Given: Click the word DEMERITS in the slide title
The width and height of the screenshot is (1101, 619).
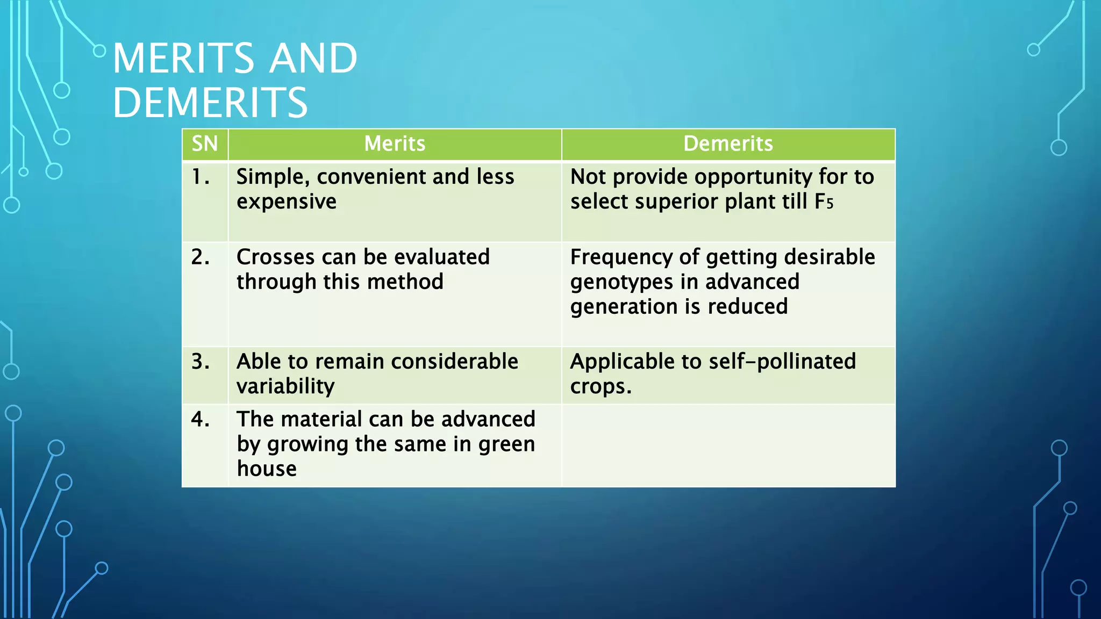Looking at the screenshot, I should pos(210,103).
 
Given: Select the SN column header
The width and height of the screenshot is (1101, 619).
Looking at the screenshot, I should pos(205,144).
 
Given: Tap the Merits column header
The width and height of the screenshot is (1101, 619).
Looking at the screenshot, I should pos(395,144).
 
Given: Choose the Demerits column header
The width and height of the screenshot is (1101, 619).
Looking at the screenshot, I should pos(728,144).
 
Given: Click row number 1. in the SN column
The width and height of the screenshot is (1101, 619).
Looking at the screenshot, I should pos(201,177).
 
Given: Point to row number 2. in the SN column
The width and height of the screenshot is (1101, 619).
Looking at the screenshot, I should pos(201,257).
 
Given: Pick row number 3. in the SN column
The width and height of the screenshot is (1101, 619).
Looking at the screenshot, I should pos(201,362).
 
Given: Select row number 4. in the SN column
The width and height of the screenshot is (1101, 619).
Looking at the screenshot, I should pos(201,419).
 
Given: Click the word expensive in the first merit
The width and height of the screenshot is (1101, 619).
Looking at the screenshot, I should pos(287,202).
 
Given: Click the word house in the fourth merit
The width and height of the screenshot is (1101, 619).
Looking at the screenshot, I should pos(267,469).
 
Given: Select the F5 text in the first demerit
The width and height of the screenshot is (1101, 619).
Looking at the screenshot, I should pos(824,202).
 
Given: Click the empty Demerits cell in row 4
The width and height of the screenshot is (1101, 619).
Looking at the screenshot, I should pos(728,445).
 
